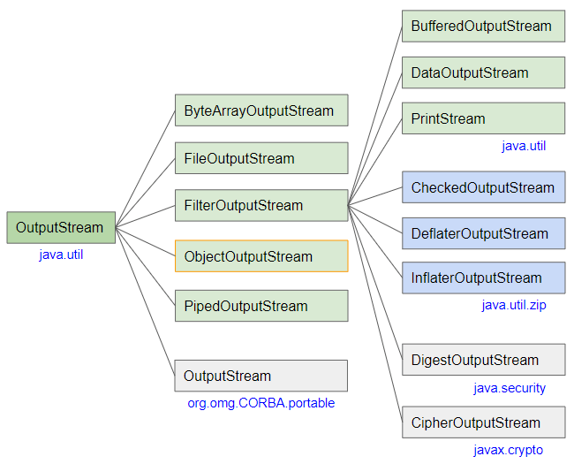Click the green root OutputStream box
(x=61, y=228)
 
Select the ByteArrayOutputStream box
(x=261, y=111)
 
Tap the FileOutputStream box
(x=261, y=159)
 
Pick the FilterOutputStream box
(x=261, y=205)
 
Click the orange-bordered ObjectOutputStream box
(x=261, y=256)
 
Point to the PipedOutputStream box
(x=261, y=306)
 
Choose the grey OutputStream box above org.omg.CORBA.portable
(x=261, y=376)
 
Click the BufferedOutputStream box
(x=483, y=27)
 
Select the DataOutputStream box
(x=483, y=72)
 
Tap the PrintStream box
(x=483, y=118)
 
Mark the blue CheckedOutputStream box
(x=483, y=187)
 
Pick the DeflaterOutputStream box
(x=483, y=233)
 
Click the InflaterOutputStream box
(x=483, y=278)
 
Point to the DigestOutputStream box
(x=483, y=360)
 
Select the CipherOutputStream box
(x=483, y=422)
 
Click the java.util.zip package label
(x=514, y=305)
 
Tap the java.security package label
(x=510, y=388)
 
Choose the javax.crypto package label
(x=508, y=450)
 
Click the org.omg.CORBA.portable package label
(x=261, y=403)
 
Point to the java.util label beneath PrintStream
(x=524, y=146)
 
